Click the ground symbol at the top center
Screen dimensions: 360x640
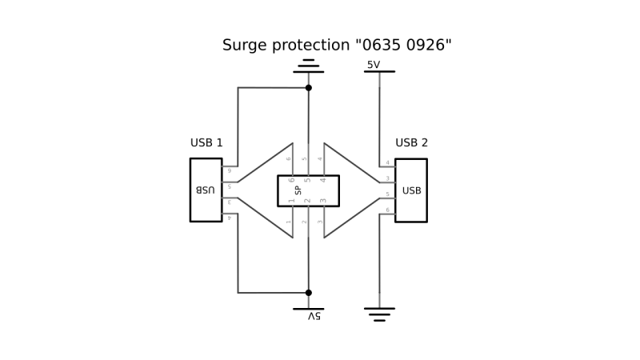tap(308, 66)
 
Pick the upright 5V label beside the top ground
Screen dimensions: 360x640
tap(374, 64)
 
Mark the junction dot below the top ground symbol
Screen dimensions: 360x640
tap(309, 87)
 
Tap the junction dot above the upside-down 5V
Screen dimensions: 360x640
tap(309, 293)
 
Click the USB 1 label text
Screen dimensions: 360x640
tap(206, 143)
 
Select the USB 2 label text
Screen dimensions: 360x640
tap(412, 143)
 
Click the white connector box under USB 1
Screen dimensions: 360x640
tap(206, 190)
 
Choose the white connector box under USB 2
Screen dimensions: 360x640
tap(411, 190)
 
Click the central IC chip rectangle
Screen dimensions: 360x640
tap(308, 190)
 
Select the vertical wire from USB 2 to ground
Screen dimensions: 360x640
tap(379, 256)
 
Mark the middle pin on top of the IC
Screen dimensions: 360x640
tap(308, 160)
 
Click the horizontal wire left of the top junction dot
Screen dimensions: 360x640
tap(272, 87)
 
